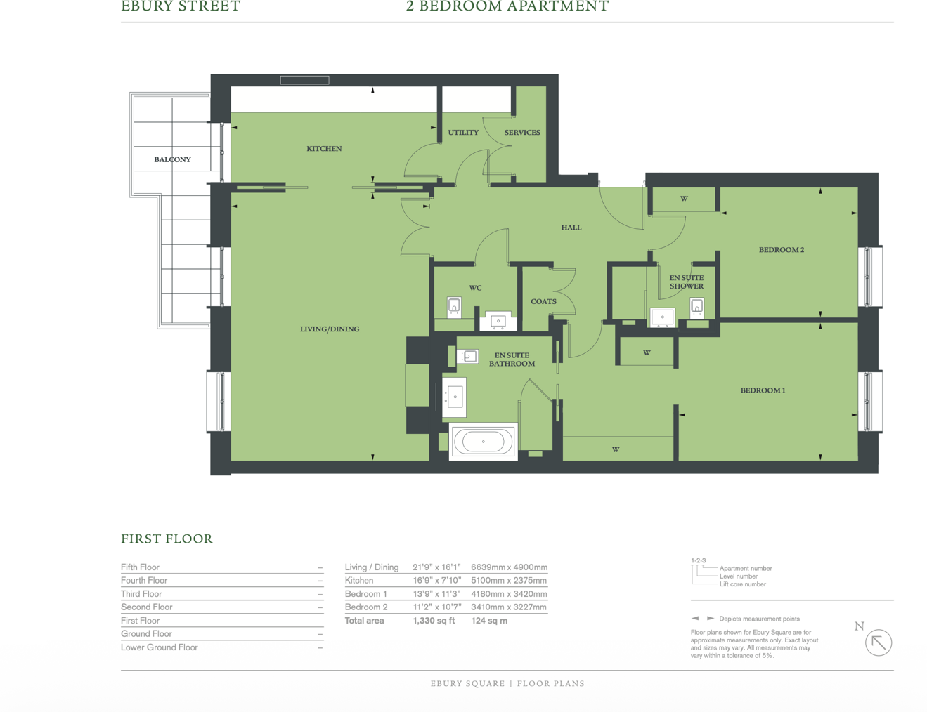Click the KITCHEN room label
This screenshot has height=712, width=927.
(324, 149)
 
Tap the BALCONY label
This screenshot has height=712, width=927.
(172, 159)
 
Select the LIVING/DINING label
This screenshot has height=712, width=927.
(330, 329)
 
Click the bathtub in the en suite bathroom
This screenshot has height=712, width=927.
(484, 442)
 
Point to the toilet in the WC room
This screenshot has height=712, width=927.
(455, 307)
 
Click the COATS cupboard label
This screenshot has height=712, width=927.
(543, 301)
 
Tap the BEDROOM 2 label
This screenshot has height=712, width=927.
(781, 250)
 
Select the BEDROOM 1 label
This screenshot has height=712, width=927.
(763, 390)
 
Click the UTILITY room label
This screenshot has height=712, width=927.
(463, 133)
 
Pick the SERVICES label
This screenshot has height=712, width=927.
(522, 133)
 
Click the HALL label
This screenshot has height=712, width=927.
(571, 228)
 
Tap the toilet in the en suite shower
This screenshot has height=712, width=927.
(696, 307)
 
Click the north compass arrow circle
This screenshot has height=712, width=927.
(878, 642)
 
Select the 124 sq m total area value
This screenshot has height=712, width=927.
(489, 621)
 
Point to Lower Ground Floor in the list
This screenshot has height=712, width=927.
(160, 647)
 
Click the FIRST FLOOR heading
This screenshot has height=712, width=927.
(167, 539)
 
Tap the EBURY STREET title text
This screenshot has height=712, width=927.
(181, 6)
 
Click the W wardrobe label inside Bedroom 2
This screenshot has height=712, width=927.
(684, 199)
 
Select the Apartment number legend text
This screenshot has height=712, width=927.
(745, 568)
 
